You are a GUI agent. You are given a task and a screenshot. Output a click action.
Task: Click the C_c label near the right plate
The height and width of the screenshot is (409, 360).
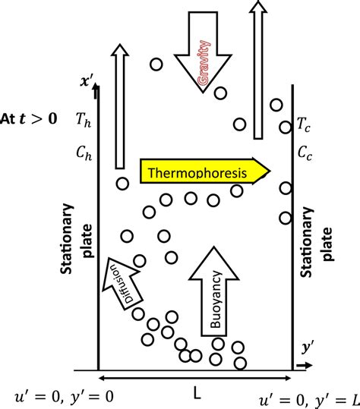coord(304,153)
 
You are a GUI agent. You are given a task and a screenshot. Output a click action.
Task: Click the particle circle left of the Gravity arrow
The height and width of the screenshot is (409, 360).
coord(156,65)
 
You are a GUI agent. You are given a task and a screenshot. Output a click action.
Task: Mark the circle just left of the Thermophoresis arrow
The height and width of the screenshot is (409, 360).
coord(122,184)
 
